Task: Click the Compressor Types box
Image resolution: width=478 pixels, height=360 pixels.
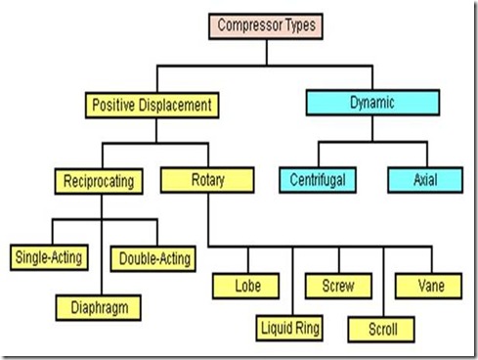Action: (266, 26)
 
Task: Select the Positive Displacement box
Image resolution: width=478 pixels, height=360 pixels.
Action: (152, 106)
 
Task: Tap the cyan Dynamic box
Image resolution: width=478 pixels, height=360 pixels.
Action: (372, 103)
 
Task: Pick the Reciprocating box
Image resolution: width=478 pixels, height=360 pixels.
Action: (99, 181)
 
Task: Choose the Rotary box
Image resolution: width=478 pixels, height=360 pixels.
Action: (207, 180)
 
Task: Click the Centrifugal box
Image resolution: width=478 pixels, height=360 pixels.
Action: (318, 180)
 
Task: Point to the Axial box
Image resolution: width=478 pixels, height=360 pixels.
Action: (425, 180)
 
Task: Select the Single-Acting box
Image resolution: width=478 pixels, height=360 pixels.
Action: (49, 257)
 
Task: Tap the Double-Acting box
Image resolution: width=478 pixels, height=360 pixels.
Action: (153, 259)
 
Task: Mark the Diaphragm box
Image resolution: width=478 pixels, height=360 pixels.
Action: (99, 308)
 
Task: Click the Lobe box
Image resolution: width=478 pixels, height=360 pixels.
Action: (246, 286)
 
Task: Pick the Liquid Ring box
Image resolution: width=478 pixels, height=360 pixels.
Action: (289, 329)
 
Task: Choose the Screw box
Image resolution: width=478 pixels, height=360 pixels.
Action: (338, 286)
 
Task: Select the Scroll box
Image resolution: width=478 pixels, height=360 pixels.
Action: (381, 330)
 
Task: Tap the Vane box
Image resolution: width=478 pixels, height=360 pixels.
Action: (428, 286)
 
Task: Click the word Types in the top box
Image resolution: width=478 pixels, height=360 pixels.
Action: (300, 25)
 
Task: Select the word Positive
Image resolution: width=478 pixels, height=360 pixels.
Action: (113, 105)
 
